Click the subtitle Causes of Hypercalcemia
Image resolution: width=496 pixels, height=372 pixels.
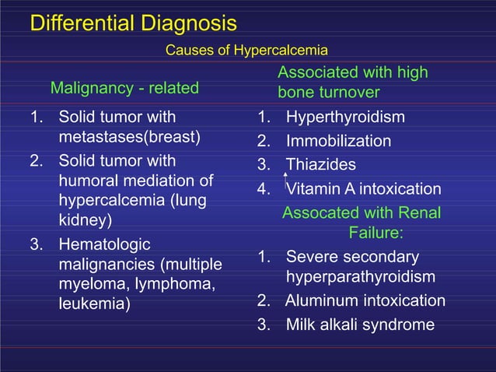pyautogui.click(x=246, y=51)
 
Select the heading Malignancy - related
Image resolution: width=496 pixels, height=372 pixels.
pyautogui.click(x=124, y=88)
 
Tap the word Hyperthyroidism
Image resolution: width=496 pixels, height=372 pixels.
pyautogui.click(x=345, y=118)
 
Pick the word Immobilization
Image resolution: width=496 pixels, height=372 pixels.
pyautogui.click(x=338, y=142)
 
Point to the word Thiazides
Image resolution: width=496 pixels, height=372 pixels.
pyautogui.click(x=321, y=165)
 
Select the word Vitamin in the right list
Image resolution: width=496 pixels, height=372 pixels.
pyautogui.click(x=313, y=189)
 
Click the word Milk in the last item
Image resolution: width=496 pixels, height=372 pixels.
pyautogui.click(x=300, y=325)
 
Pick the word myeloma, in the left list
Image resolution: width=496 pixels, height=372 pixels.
pyautogui.click(x=94, y=284)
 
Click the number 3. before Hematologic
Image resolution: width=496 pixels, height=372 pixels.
pyautogui.click(x=37, y=244)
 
